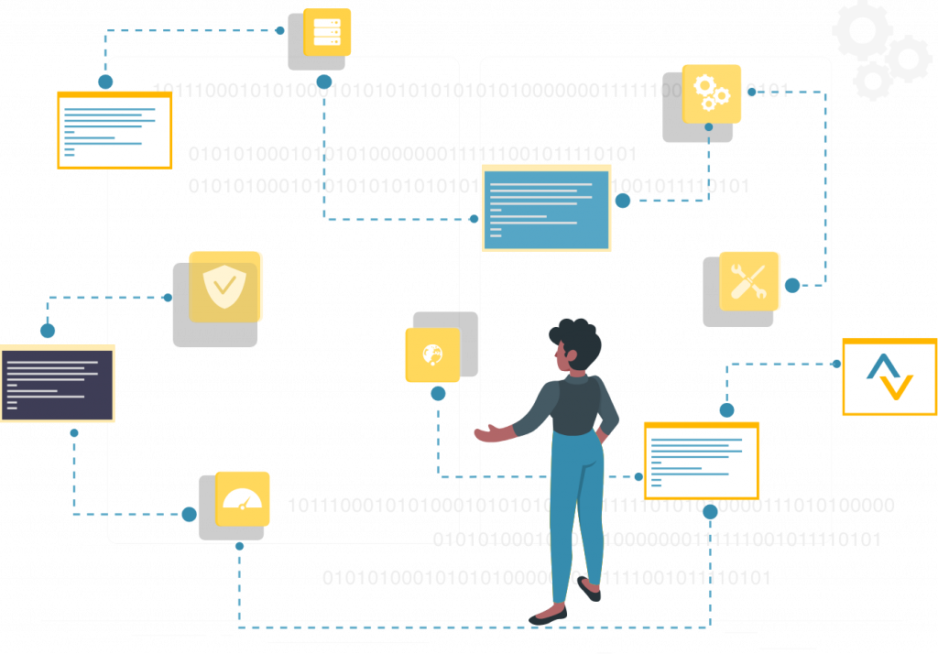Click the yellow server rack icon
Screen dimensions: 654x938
327,32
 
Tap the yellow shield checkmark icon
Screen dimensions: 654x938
225,287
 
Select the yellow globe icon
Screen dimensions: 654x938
432,354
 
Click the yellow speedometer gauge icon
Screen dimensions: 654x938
243,498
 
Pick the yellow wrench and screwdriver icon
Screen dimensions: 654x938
749,281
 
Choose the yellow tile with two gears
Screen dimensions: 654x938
712,93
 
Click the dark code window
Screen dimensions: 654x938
57,384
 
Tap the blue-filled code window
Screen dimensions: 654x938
546,209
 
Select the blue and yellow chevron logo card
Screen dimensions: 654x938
889,377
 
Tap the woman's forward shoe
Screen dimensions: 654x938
547,615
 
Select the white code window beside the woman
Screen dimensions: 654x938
701,460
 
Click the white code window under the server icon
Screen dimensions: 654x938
115,130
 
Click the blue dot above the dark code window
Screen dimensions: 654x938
48,330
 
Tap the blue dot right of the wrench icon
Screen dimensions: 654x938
792,285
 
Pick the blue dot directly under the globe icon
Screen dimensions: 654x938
438,394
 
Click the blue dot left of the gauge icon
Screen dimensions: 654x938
189,515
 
